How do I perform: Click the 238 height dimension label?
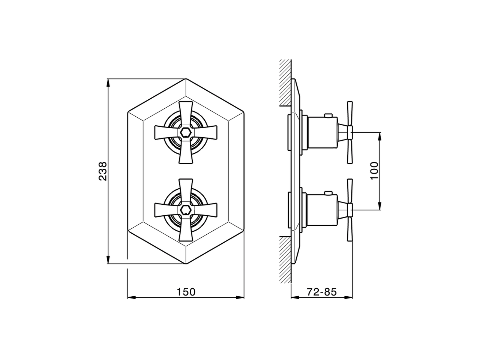point(103,171)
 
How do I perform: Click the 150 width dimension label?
point(186,291)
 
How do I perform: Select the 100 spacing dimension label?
point(375,171)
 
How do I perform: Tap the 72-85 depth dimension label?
point(322,291)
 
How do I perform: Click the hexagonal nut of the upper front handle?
point(186,132)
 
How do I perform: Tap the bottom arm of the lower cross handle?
point(186,231)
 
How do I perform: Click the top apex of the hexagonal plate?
point(186,79)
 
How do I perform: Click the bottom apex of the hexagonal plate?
point(186,263)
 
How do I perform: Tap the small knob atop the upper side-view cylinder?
point(328,115)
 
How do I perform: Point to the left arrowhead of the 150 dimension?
point(130,298)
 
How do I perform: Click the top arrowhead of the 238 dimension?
point(108,82)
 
